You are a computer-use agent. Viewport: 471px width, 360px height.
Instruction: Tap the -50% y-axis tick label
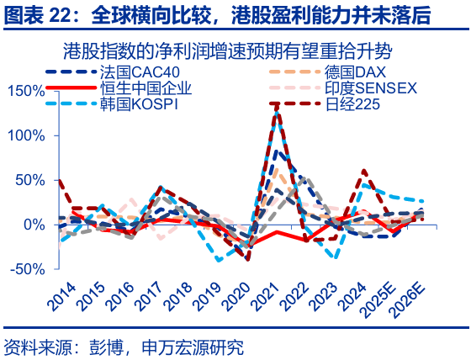tap(27, 269)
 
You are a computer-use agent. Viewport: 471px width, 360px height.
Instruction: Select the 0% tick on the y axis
tap(34, 225)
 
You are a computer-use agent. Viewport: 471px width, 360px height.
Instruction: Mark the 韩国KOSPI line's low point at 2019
tap(219, 261)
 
